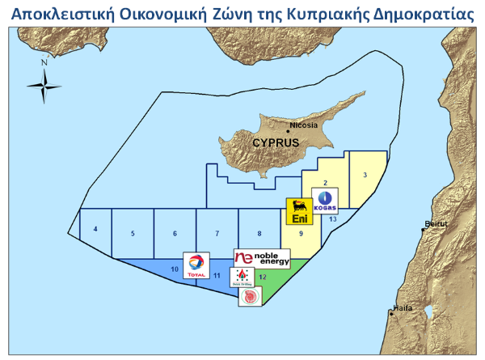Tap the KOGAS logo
tap(326, 200)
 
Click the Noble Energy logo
tap(260, 258)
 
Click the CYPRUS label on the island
tap(276, 142)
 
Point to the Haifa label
tap(402, 308)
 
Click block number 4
tap(95, 231)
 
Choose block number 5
tap(132, 234)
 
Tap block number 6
tap(175, 234)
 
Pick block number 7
tap(217, 234)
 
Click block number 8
tap(259, 234)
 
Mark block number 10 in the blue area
tap(174, 269)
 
